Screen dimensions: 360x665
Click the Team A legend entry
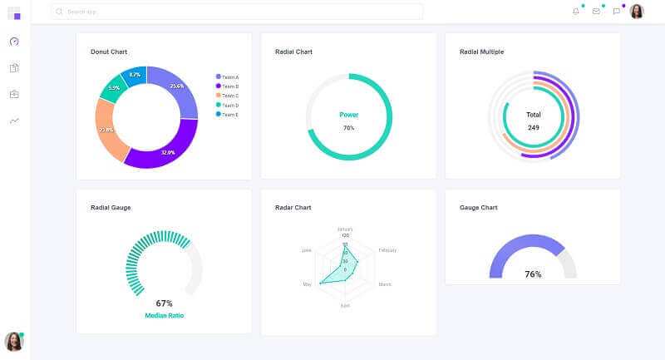(227, 77)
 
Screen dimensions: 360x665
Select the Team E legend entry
(227, 115)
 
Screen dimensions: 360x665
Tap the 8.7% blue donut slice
(135, 76)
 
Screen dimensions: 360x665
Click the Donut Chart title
(109, 52)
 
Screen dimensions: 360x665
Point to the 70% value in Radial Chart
(348, 128)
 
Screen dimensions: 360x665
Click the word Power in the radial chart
(348, 115)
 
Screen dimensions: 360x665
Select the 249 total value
(533, 128)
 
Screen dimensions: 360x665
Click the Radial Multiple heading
(481, 52)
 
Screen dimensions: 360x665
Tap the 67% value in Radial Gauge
(164, 303)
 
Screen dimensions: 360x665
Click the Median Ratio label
(164, 316)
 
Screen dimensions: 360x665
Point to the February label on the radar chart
(387, 250)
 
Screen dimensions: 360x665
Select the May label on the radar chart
(307, 284)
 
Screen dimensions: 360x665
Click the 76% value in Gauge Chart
(533, 274)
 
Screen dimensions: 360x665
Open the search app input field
(237, 12)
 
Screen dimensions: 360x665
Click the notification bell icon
(576, 12)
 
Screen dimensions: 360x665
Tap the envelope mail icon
(596, 12)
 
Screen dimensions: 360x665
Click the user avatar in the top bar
(637, 12)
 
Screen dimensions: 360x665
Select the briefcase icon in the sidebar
(14, 95)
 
